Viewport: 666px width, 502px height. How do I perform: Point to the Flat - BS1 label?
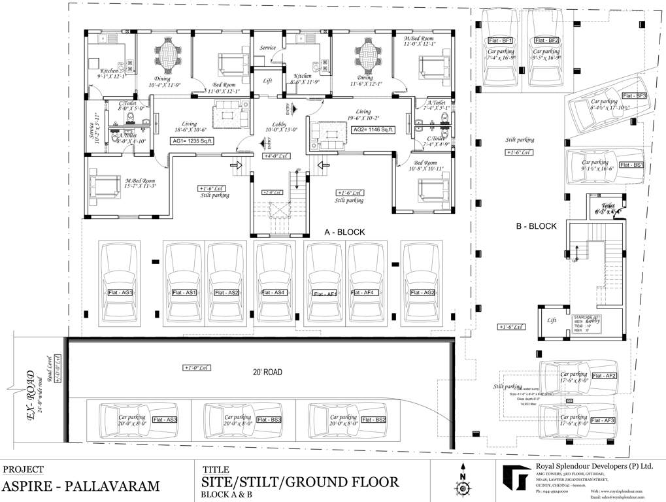[631, 165]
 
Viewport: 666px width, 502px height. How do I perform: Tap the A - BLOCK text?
[344, 232]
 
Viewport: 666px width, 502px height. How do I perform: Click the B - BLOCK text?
[536, 226]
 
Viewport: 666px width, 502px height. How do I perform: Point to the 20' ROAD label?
[268, 372]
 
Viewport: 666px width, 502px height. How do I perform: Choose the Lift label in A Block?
[267, 81]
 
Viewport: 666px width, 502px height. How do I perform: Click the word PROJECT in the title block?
[24, 469]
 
